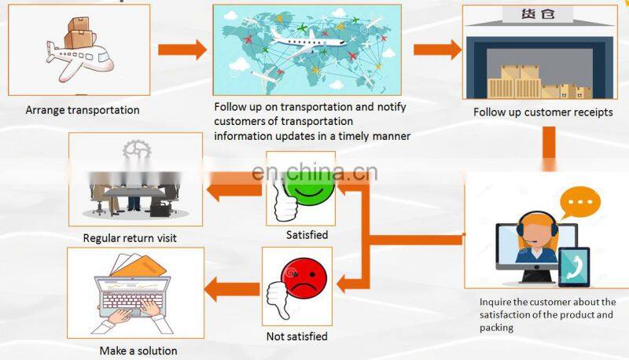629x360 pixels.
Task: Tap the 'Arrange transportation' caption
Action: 83,110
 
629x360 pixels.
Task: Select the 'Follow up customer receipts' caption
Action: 543,112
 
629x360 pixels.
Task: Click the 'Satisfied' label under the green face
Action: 307,234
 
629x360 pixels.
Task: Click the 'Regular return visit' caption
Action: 130,237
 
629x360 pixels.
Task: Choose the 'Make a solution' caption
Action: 138,351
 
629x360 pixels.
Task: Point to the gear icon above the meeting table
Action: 135,151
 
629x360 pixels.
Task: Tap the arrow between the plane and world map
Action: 182,50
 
